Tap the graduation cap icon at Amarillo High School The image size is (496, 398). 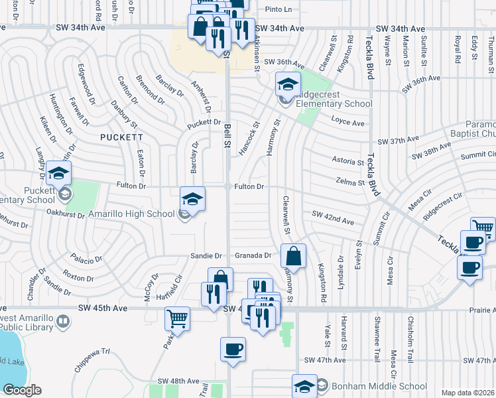(192, 198)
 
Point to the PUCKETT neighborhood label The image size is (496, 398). (121, 137)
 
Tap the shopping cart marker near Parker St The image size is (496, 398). (178, 319)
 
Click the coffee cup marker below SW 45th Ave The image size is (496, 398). (233, 349)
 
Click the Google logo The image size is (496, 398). (22, 390)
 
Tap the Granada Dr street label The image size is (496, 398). (254, 255)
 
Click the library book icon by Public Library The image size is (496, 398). (62, 322)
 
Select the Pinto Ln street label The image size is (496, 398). (278, 9)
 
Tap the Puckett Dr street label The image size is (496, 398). (203, 123)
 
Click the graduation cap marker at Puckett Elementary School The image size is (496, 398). (58, 174)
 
